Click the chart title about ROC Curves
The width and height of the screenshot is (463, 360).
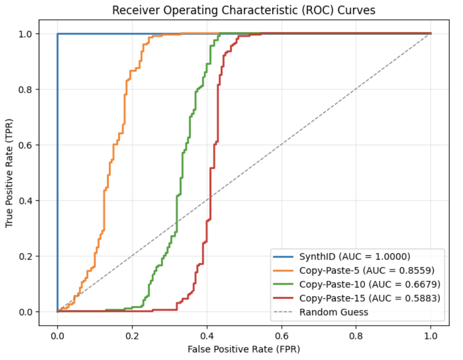(x=244, y=10)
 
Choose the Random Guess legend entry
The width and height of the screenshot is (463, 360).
(x=334, y=312)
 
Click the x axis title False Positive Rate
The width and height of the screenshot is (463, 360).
(x=244, y=349)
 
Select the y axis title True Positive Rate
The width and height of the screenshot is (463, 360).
(x=10, y=173)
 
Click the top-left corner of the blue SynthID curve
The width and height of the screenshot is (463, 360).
(x=58, y=34)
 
